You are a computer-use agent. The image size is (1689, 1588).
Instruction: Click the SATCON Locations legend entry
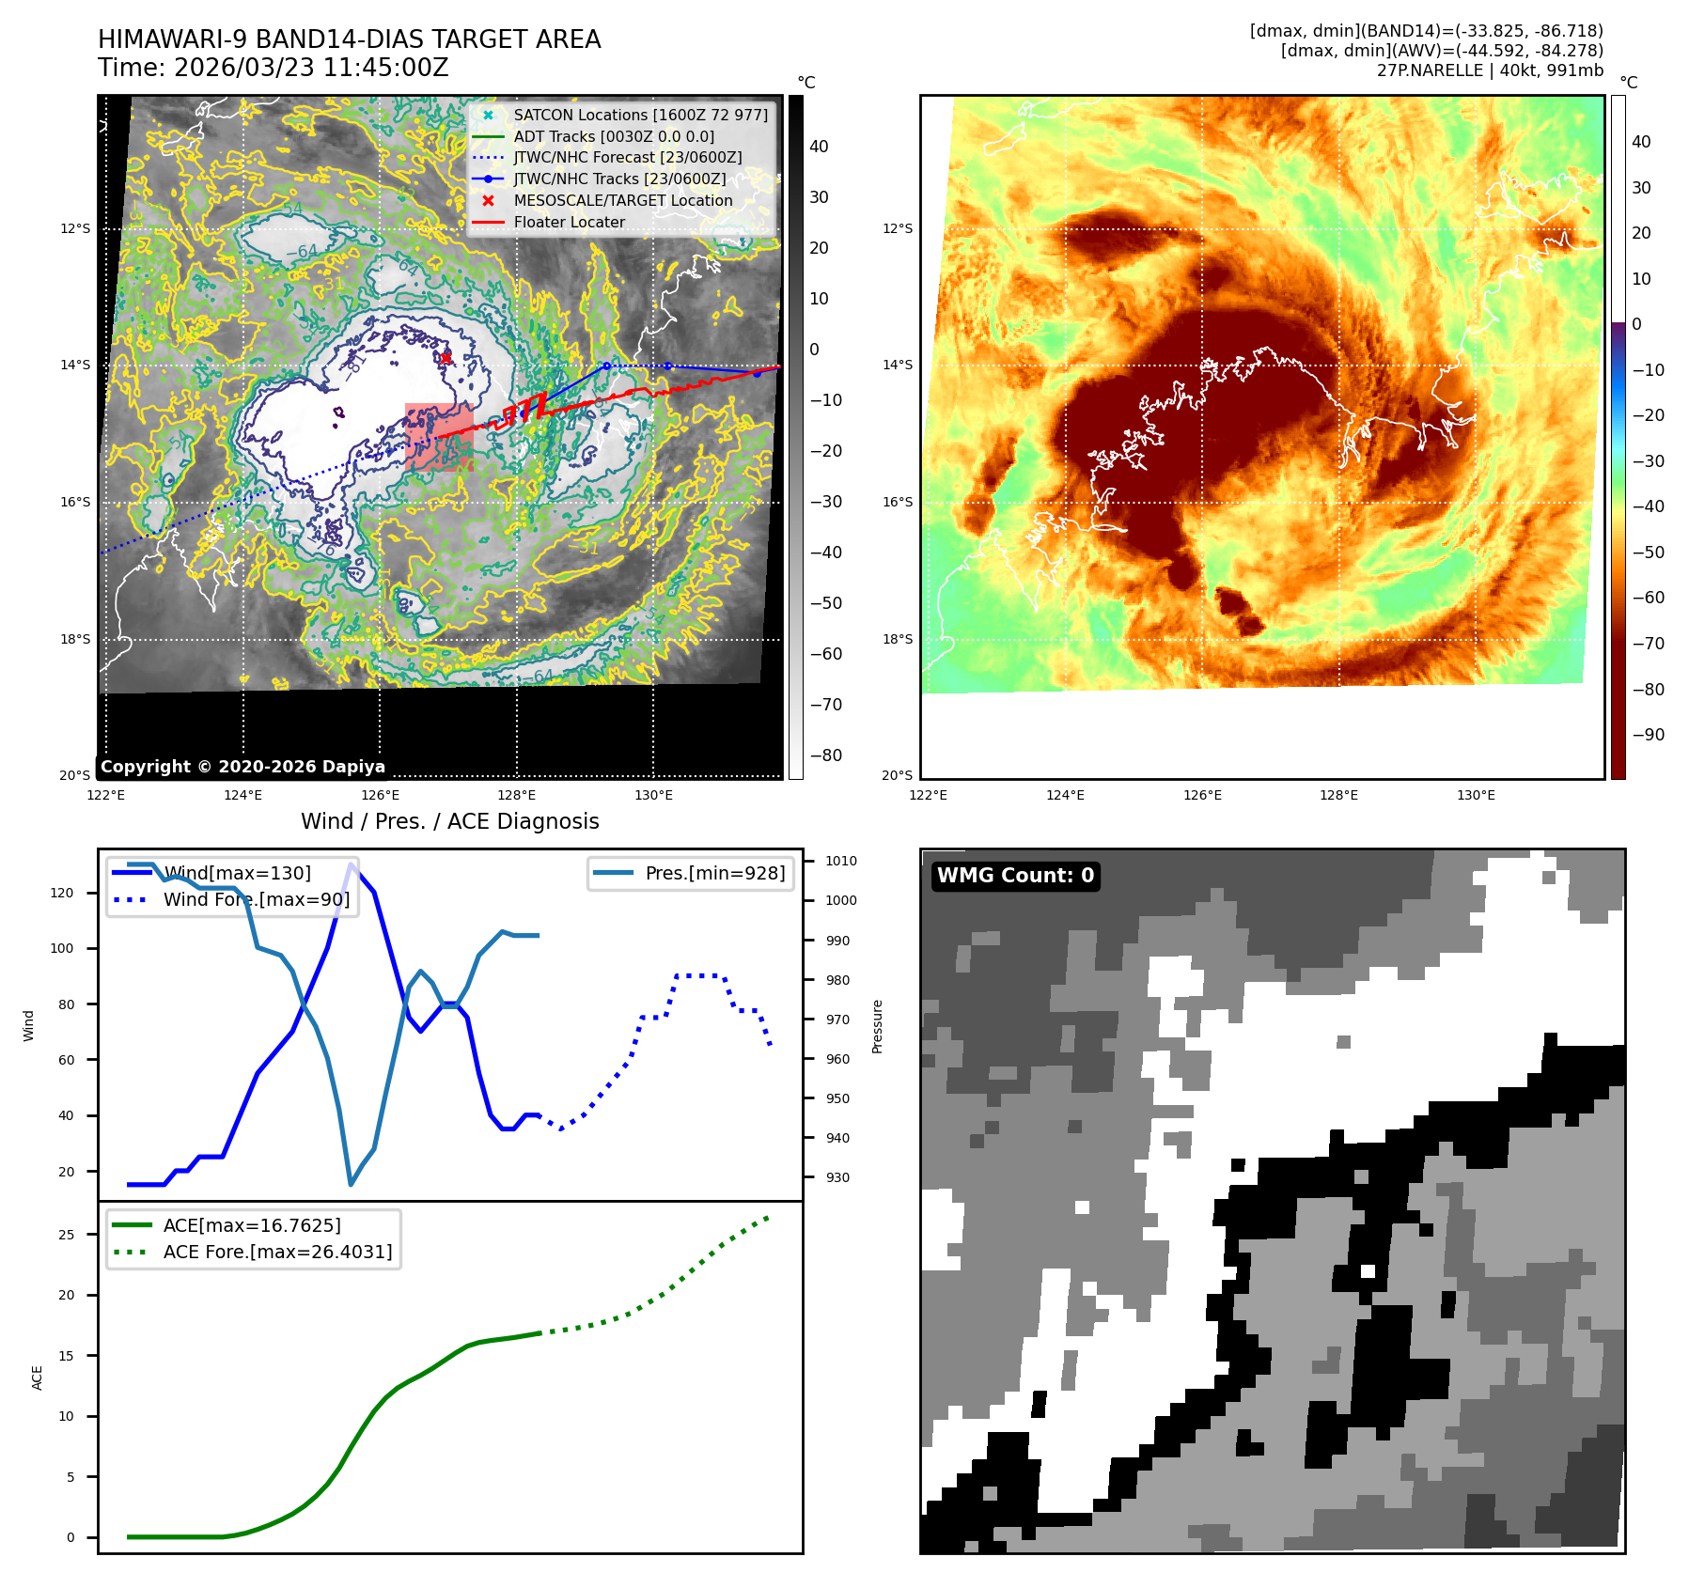(x=640, y=115)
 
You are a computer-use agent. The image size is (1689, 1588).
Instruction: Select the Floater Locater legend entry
(x=569, y=222)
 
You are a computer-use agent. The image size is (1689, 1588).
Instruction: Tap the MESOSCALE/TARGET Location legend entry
(x=622, y=200)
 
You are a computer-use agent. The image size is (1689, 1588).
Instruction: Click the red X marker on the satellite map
(x=446, y=357)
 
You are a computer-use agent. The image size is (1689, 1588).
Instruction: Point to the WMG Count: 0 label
(x=1015, y=876)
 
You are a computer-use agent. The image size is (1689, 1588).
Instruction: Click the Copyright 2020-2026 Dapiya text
(x=242, y=767)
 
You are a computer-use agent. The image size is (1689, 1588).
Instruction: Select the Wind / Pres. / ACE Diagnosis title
(x=449, y=821)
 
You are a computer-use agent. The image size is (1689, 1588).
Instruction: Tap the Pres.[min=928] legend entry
(x=714, y=873)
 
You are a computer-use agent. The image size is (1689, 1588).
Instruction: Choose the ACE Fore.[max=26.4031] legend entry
(x=277, y=1252)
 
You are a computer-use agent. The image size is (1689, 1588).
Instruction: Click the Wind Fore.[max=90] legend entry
(x=256, y=899)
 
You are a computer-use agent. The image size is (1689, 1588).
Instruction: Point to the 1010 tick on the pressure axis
(x=840, y=861)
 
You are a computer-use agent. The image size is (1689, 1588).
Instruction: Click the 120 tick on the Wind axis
(x=62, y=893)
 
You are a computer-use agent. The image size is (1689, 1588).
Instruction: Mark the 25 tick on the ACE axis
(x=66, y=1235)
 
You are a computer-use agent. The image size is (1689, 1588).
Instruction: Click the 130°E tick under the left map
(x=653, y=795)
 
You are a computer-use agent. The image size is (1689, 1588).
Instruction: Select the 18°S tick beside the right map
(x=897, y=639)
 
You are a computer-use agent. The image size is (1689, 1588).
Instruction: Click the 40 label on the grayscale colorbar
(x=819, y=147)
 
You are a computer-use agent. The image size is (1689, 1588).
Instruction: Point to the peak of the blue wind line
(x=352, y=864)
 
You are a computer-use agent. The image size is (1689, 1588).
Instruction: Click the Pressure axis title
(x=877, y=1026)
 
